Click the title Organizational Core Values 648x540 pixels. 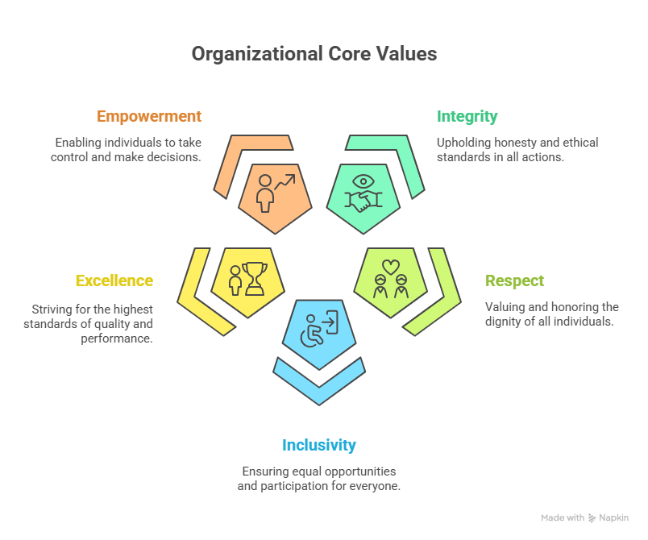[x=314, y=54]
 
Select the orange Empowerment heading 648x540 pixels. [x=149, y=116]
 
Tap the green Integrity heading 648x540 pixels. [x=467, y=116]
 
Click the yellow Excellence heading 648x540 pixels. [x=114, y=280]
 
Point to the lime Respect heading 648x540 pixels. [x=514, y=280]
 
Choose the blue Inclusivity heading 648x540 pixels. [x=319, y=445]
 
